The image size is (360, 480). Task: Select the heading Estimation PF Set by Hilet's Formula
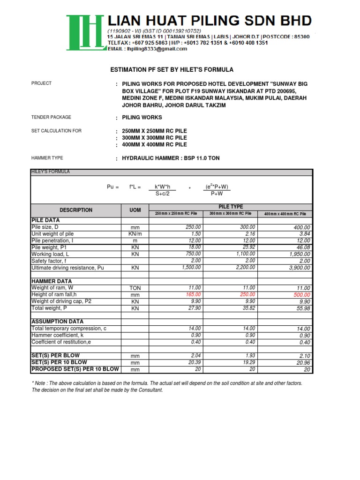(171, 70)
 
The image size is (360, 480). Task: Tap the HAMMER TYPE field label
(47, 158)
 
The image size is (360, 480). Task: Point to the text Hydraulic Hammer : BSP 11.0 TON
(171, 158)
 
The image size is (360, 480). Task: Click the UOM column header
(135, 210)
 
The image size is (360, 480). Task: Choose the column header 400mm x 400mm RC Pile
(285, 214)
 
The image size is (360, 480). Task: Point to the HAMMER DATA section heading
(52, 281)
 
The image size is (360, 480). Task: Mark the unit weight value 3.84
(304, 234)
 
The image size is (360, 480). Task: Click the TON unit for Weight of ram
(135, 288)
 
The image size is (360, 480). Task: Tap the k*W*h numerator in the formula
(165, 187)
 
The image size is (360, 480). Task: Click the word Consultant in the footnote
(150, 390)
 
